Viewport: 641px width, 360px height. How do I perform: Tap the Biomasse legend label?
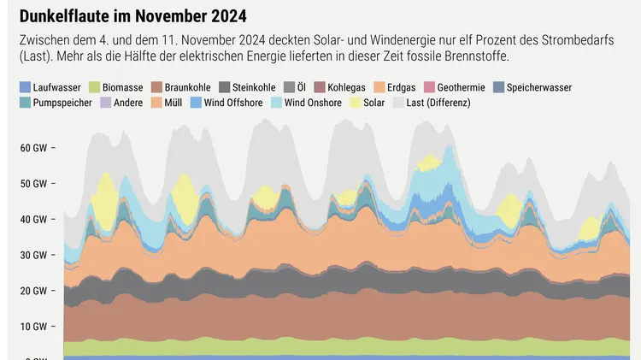coord(123,87)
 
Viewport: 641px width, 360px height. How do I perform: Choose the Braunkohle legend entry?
coord(187,87)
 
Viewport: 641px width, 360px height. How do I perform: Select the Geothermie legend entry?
coord(461,87)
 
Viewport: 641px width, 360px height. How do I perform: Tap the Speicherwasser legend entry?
coord(538,87)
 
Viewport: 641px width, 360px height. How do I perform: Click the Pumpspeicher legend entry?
coord(56,103)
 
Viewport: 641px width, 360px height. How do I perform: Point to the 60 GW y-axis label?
coord(33,147)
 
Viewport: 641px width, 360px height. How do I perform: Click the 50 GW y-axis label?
coord(33,183)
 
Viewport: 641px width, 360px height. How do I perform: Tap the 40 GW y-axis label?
coord(33,219)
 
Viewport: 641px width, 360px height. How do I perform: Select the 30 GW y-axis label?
coord(33,255)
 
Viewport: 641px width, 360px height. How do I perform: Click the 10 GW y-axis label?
coord(33,327)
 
